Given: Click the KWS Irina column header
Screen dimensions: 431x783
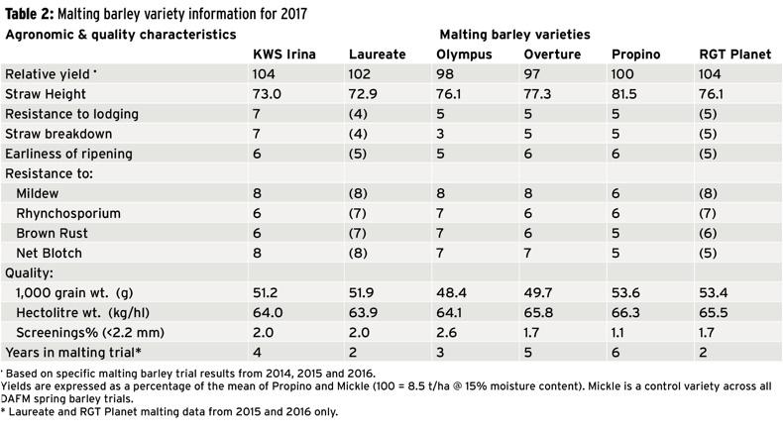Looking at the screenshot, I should [x=285, y=54].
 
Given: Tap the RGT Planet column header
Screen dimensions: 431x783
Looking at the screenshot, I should [x=734, y=54].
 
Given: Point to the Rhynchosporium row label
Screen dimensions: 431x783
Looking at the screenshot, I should [x=66, y=213].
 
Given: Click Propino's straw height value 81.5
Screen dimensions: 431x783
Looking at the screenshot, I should [x=624, y=94].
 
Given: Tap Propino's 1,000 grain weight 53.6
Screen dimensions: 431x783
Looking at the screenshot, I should [x=624, y=292].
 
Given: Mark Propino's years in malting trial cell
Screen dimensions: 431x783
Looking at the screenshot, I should [x=615, y=353].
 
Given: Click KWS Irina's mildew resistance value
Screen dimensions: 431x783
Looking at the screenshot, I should [x=259, y=193].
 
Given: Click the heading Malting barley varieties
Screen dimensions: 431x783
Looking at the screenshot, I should [x=514, y=34].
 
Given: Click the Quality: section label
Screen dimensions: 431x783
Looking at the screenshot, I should [x=32, y=272].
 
